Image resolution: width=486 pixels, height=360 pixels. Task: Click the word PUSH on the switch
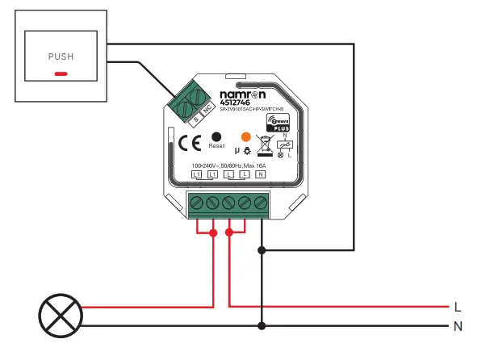(x=61, y=57)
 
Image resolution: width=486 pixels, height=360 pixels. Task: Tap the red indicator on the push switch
(x=61, y=73)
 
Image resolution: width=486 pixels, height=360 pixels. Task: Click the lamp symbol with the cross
(x=62, y=316)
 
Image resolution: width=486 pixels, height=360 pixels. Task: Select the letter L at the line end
(x=458, y=307)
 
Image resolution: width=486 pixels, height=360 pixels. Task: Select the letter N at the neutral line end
(x=458, y=326)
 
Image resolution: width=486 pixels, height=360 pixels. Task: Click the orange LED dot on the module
(x=246, y=136)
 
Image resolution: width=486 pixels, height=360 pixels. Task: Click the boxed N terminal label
(x=261, y=174)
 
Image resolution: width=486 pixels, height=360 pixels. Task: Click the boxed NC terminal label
(x=206, y=114)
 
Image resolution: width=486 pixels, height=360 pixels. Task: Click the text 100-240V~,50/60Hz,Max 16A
(x=228, y=165)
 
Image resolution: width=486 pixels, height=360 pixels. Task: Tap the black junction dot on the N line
(x=261, y=326)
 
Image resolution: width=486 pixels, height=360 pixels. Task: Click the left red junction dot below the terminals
(x=213, y=233)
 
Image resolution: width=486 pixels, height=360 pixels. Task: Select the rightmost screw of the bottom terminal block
(x=260, y=203)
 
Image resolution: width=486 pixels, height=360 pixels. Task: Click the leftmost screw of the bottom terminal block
(x=197, y=203)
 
